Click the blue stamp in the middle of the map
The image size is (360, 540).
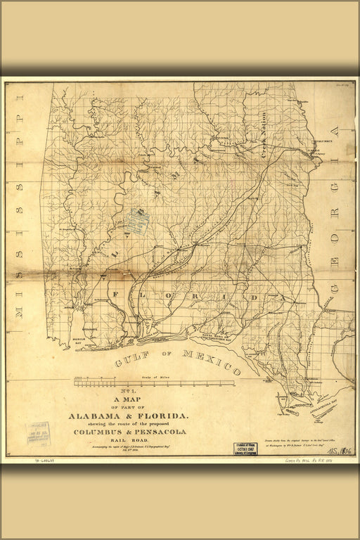(138, 223)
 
